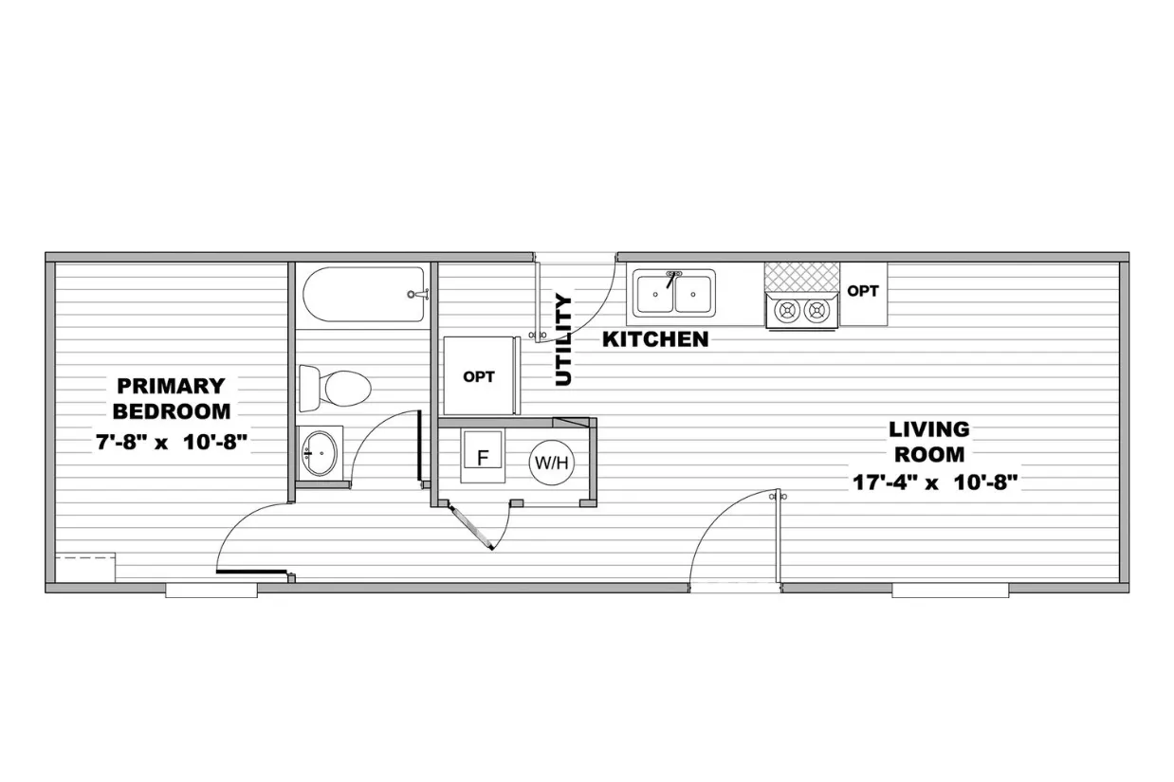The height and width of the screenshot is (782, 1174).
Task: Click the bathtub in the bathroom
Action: pyautogui.click(x=364, y=295)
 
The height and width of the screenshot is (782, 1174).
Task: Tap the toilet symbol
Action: pyautogui.click(x=335, y=388)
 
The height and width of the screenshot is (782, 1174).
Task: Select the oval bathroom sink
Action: pyautogui.click(x=320, y=453)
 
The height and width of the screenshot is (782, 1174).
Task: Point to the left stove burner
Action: pyautogui.click(x=787, y=311)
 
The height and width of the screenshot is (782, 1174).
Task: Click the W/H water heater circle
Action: pyautogui.click(x=551, y=463)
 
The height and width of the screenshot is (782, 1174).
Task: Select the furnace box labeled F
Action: pyautogui.click(x=483, y=457)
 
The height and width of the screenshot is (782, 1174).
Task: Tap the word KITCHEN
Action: pyautogui.click(x=655, y=339)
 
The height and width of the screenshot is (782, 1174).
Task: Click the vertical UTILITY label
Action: pyautogui.click(x=563, y=339)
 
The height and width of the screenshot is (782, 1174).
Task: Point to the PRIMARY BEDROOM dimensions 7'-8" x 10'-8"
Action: pyautogui.click(x=172, y=442)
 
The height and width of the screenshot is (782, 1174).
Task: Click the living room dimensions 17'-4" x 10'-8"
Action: pyautogui.click(x=935, y=482)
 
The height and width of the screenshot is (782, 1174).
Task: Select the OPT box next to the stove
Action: pyautogui.click(x=863, y=293)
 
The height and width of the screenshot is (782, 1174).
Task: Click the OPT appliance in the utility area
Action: pyautogui.click(x=479, y=376)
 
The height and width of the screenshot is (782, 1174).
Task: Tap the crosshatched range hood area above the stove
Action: pyautogui.click(x=802, y=278)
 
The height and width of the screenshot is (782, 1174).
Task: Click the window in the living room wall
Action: pyautogui.click(x=950, y=591)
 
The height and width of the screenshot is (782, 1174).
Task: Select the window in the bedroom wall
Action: pyautogui.click(x=211, y=591)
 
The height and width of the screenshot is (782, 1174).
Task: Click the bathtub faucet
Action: pyautogui.click(x=418, y=295)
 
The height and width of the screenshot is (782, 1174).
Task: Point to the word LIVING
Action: pyautogui.click(x=928, y=429)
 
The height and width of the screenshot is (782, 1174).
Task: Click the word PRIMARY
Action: pyautogui.click(x=171, y=386)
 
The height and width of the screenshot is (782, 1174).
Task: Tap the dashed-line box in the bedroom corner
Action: pyautogui.click(x=85, y=567)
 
